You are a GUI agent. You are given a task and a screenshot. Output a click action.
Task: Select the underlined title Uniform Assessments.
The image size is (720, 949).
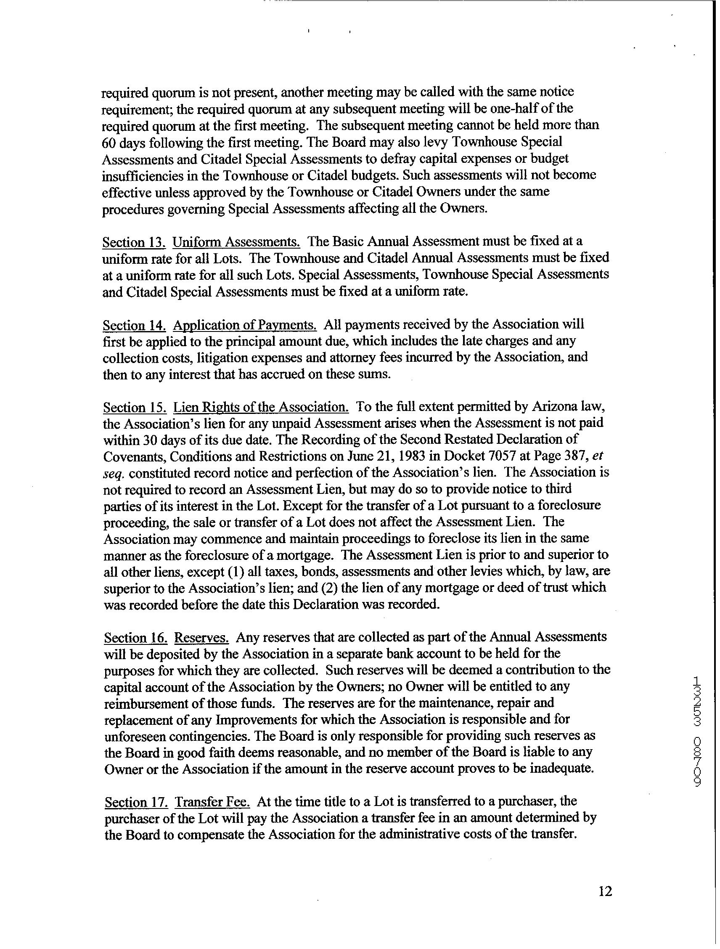coord(236,242)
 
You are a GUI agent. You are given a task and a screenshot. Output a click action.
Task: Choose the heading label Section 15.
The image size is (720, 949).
coord(135,407)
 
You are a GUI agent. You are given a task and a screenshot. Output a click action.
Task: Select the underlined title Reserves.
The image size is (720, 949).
coord(201,638)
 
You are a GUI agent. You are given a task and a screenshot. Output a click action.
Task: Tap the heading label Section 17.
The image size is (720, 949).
coord(136,802)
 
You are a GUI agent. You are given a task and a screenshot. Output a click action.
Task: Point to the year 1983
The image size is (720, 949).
coord(445,456)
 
